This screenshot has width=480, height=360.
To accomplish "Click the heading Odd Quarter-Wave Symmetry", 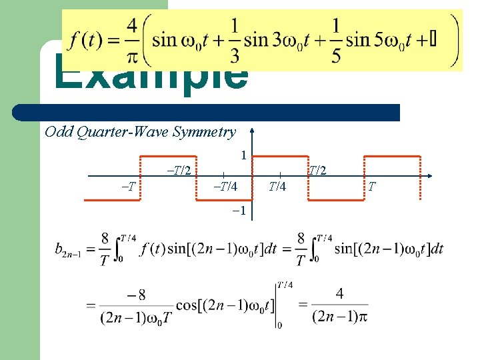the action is point(140,131).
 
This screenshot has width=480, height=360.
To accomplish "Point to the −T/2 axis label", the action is point(179,170).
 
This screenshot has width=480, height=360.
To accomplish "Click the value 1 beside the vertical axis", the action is point(244,155).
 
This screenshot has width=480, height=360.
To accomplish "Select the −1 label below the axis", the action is point(241,211).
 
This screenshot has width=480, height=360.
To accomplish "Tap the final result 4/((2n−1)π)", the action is point(339,305).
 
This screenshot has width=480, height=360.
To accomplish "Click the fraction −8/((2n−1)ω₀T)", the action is point(137,305).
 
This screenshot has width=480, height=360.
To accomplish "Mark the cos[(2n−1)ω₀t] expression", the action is point(224,305).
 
